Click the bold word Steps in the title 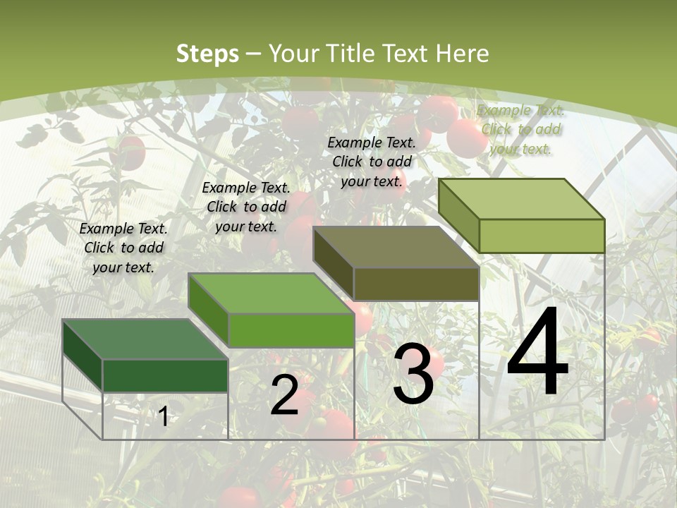tap(207, 54)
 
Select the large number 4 tap(537, 353)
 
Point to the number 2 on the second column tap(284, 395)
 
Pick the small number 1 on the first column tap(163, 417)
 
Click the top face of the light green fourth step tap(522, 199)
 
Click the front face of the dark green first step tap(165, 375)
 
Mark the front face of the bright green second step tap(291, 330)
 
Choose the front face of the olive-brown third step tap(416, 284)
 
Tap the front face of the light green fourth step tap(542, 236)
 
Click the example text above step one tap(123, 248)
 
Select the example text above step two tap(246, 207)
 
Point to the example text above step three tap(372, 162)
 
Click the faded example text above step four tap(520, 129)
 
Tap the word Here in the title tap(462, 54)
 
